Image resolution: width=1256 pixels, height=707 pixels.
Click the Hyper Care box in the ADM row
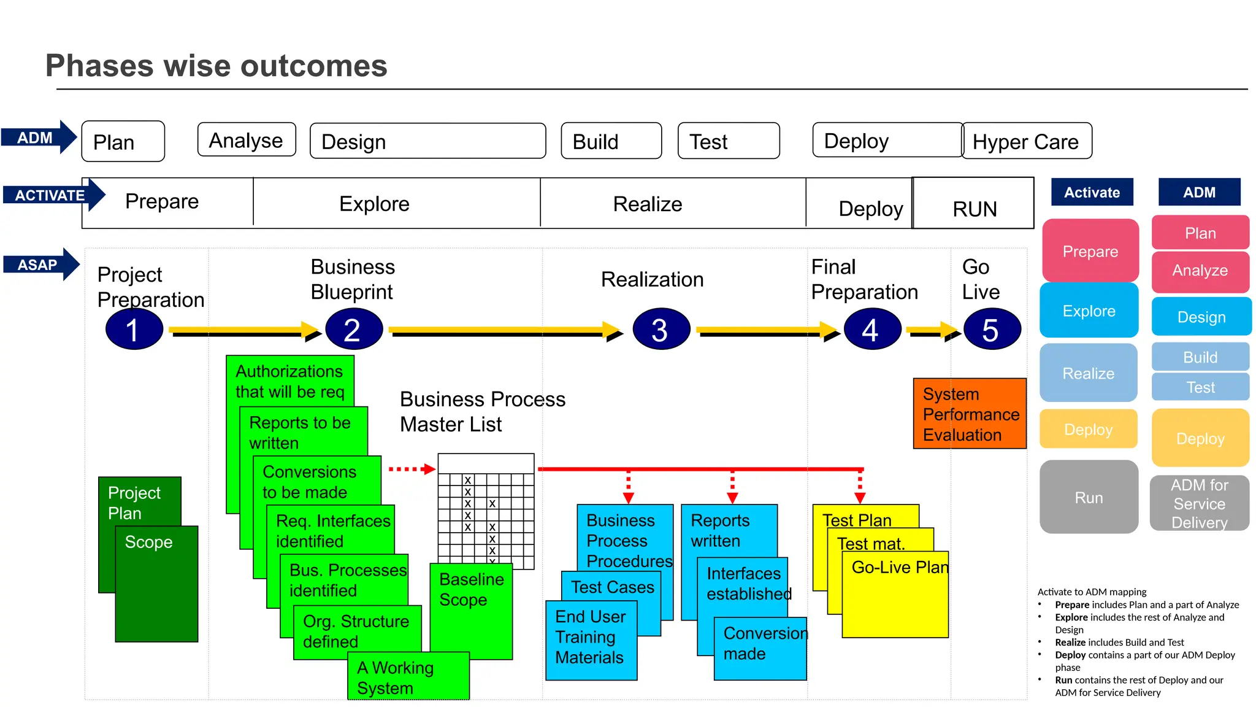pos(1027,141)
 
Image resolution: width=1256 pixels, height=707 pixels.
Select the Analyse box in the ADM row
pos(247,141)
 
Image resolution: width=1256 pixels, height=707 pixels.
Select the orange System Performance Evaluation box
pos(970,414)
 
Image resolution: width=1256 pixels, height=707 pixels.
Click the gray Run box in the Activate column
pos(1089,497)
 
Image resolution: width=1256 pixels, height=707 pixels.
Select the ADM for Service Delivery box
pos(1199,503)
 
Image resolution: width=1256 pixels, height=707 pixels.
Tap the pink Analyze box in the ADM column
pos(1200,271)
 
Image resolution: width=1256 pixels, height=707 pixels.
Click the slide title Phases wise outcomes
pos(216,66)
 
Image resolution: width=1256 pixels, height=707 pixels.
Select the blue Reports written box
pos(729,529)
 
